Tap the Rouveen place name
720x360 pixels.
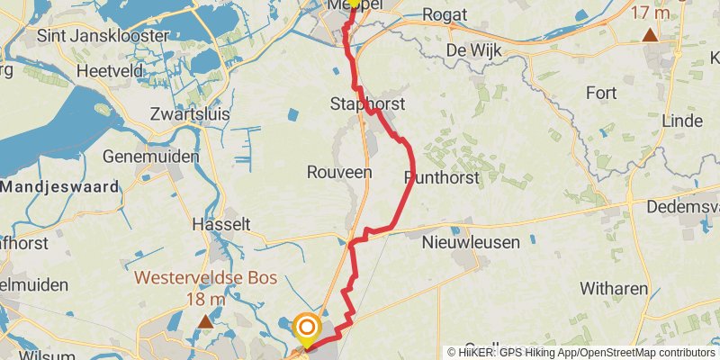(339, 172)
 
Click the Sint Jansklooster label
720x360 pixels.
(103, 36)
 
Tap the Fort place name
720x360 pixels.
(601, 92)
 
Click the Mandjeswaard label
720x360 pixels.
(59, 187)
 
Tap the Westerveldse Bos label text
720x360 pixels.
(205, 278)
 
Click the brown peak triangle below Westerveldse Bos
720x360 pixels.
(206, 320)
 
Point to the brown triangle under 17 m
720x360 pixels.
(650, 35)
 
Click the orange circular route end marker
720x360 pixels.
(307, 328)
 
